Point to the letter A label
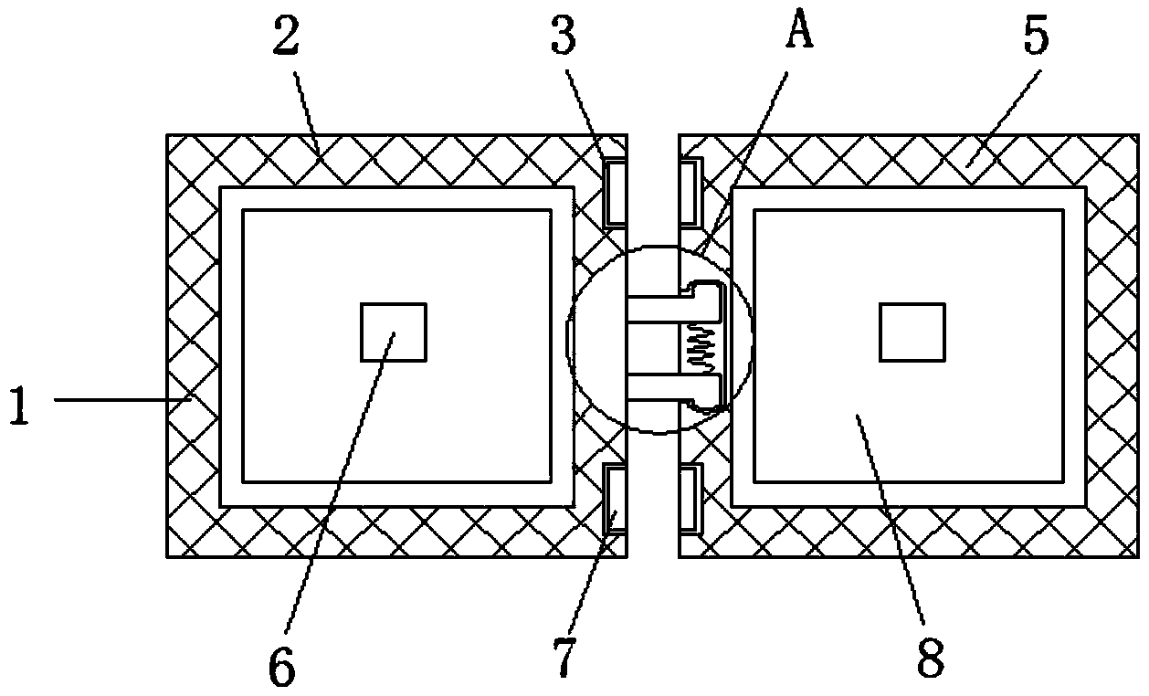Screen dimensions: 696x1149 [800, 33]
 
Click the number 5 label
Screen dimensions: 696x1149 [1033, 37]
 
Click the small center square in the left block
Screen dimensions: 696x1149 [394, 332]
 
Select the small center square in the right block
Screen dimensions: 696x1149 [912, 332]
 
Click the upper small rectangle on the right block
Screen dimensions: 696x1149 [690, 190]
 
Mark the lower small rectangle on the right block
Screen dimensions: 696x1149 [690, 498]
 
